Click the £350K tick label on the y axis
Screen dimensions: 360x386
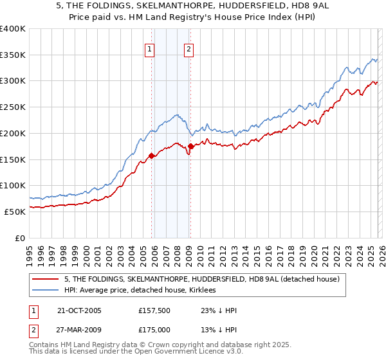point(12,55)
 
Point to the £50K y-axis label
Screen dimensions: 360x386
point(14,212)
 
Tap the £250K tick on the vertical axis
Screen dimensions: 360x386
point(12,107)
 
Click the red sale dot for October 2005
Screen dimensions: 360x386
point(152,156)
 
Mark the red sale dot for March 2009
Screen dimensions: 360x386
point(190,147)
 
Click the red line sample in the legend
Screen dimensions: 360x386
point(46,279)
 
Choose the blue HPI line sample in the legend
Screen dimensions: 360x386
point(46,291)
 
